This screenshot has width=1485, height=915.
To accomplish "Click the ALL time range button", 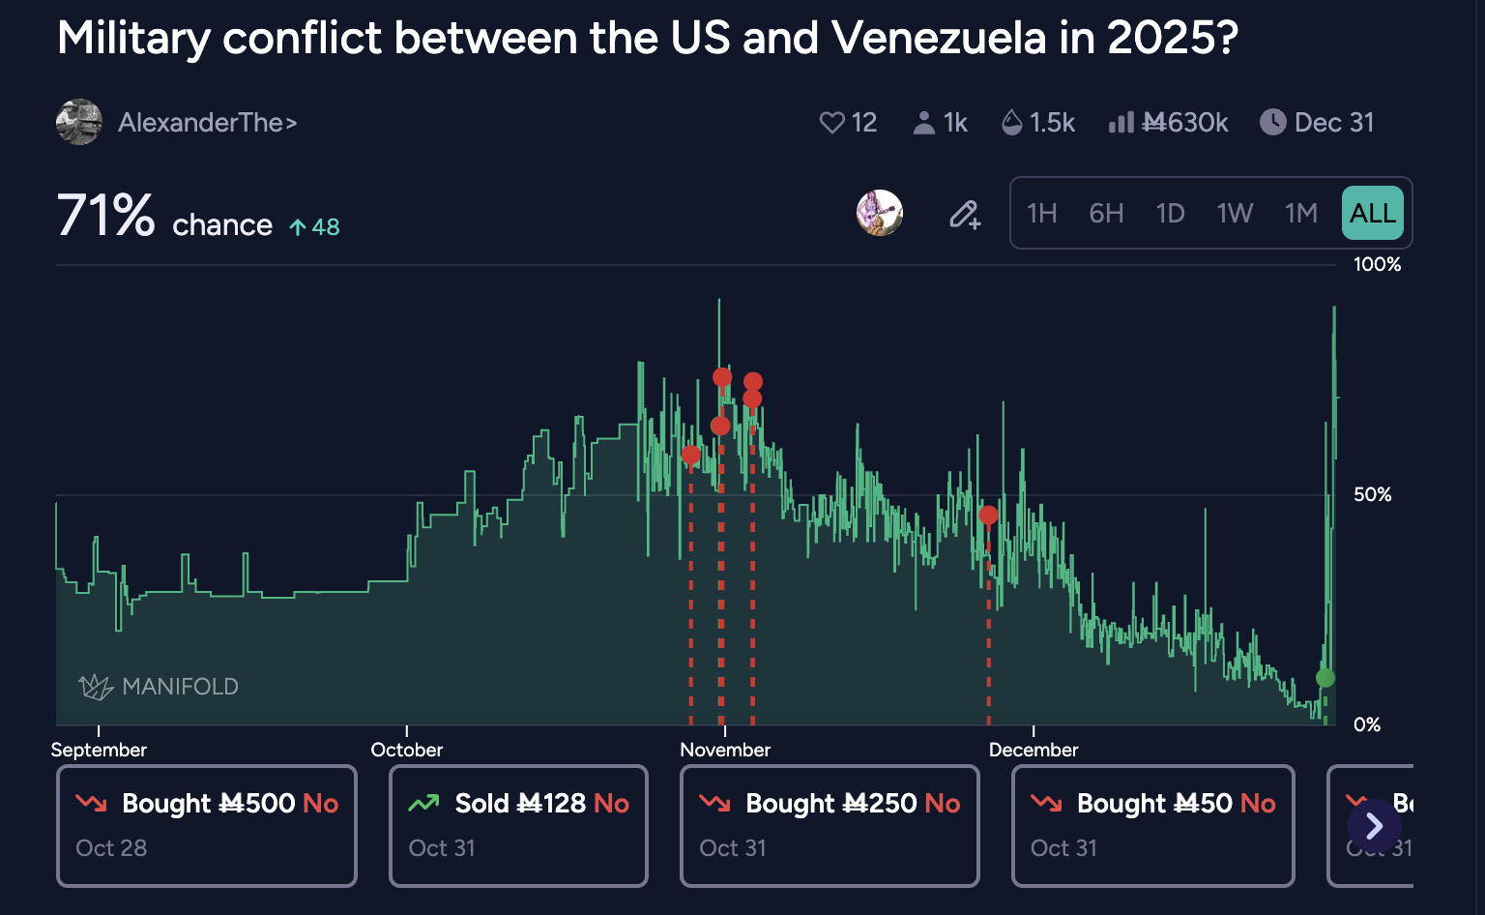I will [x=1372, y=213].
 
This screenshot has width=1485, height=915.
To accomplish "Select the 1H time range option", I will [x=1041, y=213].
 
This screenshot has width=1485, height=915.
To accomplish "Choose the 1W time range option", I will [x=1235, y=213].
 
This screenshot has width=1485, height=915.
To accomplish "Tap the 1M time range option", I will [x=1301, y=213].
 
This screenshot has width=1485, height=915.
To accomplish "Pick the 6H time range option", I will [x=1106, y=213].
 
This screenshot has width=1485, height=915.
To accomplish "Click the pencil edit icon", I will [x=964, y=214].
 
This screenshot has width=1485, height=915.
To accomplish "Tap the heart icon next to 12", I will [x=831, y=123].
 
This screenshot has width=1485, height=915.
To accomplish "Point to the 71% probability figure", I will [x=105, y=215].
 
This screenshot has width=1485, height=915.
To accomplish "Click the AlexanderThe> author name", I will [x=207, y=123].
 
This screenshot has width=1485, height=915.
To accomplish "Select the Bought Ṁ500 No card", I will [x=207, y=825].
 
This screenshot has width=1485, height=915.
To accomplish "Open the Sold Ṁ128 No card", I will [x=518, y=825].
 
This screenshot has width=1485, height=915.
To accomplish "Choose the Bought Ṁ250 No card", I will [x=830, y=825].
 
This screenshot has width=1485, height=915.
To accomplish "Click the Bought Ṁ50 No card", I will [x=1152, y=825].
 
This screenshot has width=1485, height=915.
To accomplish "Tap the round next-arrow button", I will [x=1374, y=826].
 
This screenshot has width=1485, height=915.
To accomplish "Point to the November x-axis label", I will [x=725, y=750].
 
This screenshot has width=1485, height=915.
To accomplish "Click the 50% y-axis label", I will [x=1372, y=494].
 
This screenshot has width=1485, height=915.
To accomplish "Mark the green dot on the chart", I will [x=1325, y=678].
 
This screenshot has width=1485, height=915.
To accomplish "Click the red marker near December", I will [x=988, y=516].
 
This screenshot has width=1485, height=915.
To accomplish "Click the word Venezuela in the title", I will [x=938, y=39].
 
